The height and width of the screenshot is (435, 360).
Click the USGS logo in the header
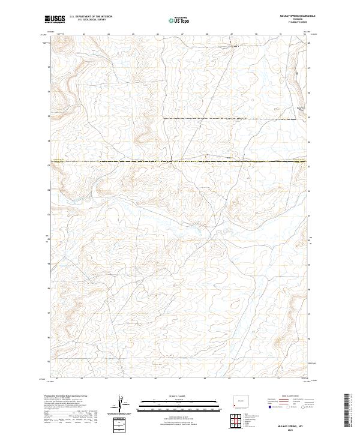coord(55,20)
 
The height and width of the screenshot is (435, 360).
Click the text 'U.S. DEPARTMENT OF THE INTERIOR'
coord(91,17)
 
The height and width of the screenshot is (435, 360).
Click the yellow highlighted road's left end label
coord(58,160)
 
